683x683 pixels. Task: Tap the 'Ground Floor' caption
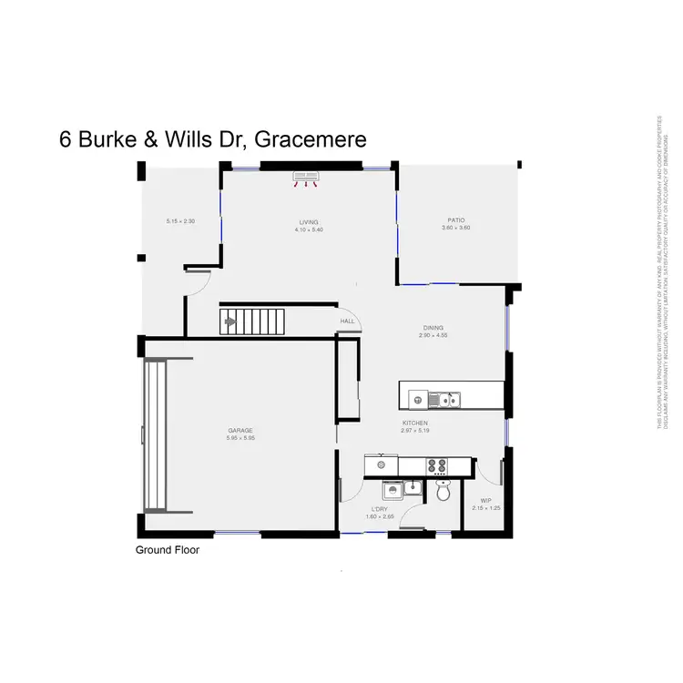[x=168, y=550]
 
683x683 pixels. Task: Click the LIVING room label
[x=309, y=222]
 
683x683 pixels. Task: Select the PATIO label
[x=456, y=219]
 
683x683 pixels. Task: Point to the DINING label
[x=433, y=329]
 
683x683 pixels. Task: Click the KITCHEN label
[x=414, y=423]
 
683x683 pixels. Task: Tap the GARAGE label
[x=240, y=431]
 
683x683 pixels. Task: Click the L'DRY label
[x=381, y=510]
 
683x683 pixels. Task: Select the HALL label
[x=347, y=321]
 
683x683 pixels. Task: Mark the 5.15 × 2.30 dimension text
[x=180, y=221]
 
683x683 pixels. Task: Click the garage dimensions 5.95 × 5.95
[x=240, y=438]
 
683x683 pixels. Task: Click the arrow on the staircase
[x=230, y=321]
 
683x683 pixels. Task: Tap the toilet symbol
[x=443, y=492]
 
